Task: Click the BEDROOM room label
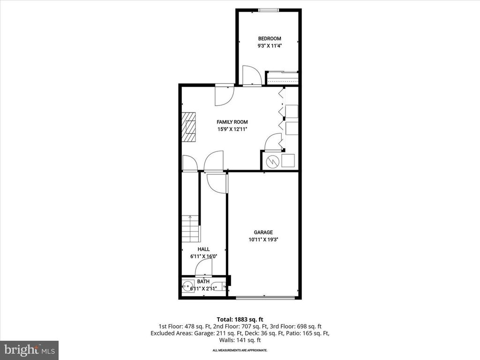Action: (270, 38)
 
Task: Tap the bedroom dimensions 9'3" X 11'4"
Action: (270, 46)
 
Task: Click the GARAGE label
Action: (263, 232)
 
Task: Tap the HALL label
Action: (203, 249)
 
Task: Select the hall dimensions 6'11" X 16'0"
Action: (203, 256)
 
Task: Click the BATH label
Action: (203, 281)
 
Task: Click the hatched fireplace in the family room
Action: (189, 127)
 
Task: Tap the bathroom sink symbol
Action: (188, 285)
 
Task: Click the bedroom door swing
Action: (251, 75)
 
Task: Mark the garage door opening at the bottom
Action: (265, 298)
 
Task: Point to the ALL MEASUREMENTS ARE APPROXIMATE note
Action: (240, 350)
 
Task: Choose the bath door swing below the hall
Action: (203, 268)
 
